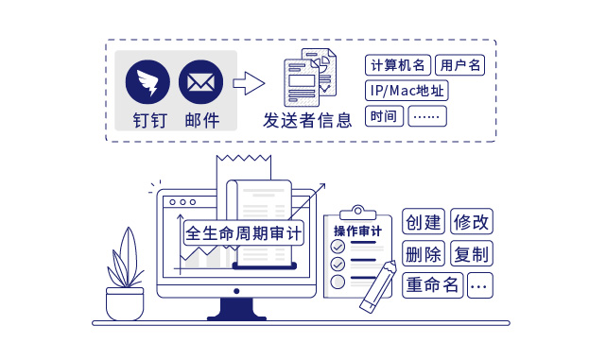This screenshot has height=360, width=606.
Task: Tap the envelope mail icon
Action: coord(199,84)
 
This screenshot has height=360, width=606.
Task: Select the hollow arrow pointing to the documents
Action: coord(248,84)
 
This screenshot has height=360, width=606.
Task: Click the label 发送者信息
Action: coord(307,119)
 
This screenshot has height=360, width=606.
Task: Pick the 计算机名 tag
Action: coord(398,66)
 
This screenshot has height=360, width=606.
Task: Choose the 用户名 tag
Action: coord(460,66)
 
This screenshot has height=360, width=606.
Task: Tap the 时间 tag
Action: coord(384,117)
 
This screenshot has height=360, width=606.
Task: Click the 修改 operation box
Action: coord(471,222)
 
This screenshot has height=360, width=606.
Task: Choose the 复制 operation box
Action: coord(471,254)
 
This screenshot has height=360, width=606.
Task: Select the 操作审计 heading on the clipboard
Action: coord(358,231)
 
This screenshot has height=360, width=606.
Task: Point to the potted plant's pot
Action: coord(125,303)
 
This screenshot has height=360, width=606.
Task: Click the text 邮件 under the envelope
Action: coord(201,120)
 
